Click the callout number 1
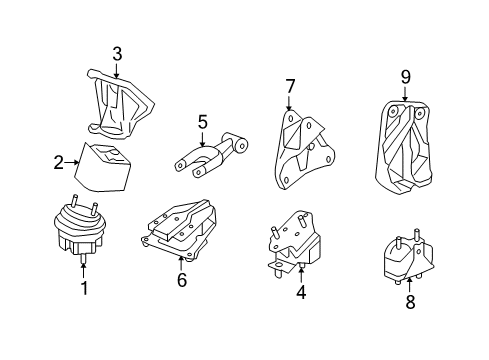coord(84,290)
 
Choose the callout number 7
coord(289,86)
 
